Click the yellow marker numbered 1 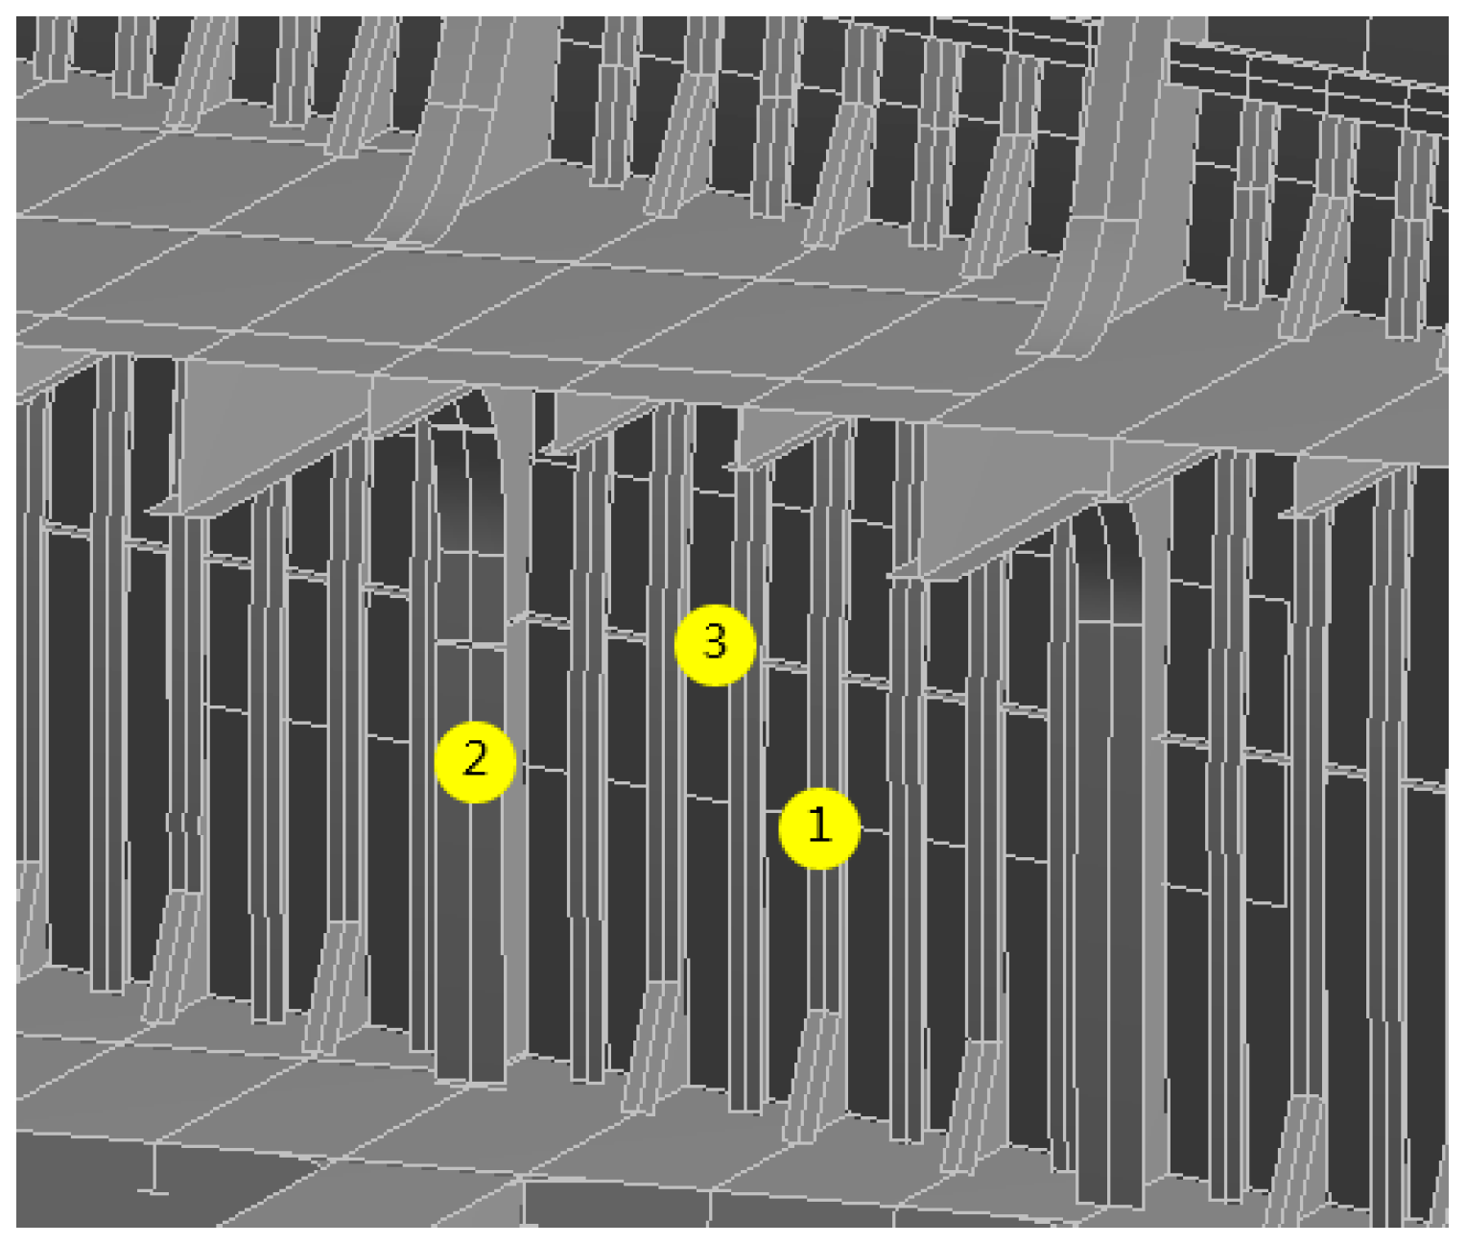tap(819, 828)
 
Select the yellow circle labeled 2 tap(475, 762)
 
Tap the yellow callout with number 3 tap(715, 645)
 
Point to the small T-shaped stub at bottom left tap(154, 1168)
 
